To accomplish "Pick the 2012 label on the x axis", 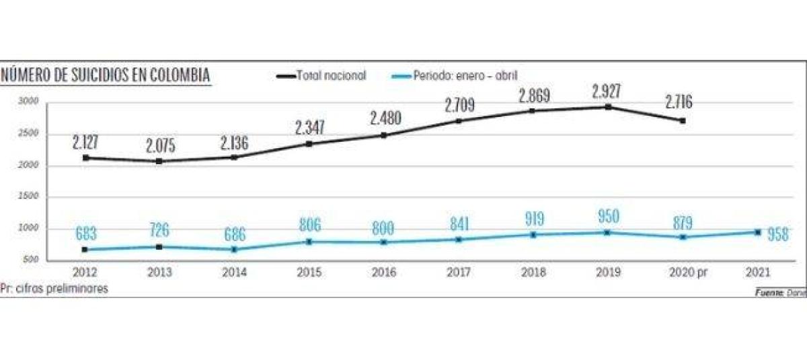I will click(x=85, y=273).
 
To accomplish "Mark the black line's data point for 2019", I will click(x=608, y=107).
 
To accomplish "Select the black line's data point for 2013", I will click(x=159, y=161).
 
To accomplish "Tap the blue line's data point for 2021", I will click(x=757, y=232).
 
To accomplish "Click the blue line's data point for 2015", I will click(x=309, y=242).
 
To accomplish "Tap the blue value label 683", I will click(x=85, y=234).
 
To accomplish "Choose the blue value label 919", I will click(x=533, y=219).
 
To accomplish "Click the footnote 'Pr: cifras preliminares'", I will click(x=54, y=288).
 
